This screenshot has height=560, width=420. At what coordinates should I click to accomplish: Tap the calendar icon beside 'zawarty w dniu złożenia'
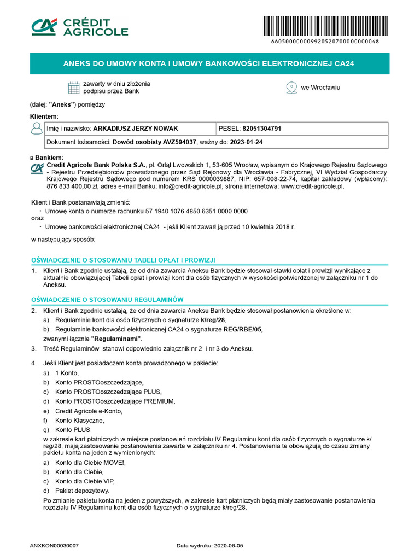click(74, 87)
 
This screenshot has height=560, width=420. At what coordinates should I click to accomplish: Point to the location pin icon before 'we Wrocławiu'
click(291, 87)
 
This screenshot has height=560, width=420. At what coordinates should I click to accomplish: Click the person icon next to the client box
click(37, 129)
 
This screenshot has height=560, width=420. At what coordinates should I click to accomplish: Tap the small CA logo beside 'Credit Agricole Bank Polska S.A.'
click(37, 167)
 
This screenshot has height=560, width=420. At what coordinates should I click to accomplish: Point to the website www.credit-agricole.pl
click(312, 186)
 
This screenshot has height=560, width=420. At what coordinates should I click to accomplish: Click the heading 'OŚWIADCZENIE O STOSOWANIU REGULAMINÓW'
click(107, 300)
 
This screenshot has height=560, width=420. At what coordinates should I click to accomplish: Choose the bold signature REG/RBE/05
click(242, 329)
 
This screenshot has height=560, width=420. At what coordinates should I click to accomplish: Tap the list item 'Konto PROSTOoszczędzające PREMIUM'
click(115, 401)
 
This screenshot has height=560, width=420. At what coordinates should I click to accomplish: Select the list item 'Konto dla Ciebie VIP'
click(85, 481)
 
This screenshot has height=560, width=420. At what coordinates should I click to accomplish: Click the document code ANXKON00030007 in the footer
click(55, 546)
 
